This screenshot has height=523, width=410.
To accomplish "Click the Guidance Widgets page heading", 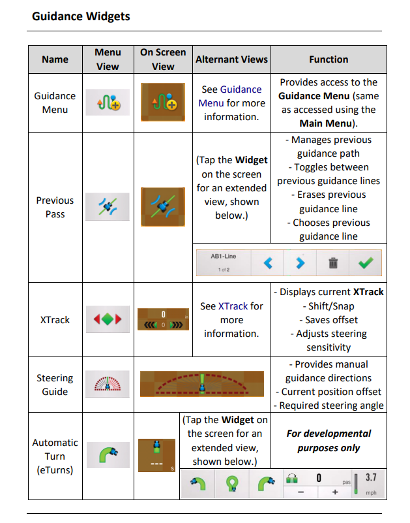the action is click(81, 16).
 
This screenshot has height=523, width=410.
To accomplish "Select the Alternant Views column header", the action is click(231, 59).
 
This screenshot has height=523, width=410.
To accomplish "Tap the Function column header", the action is click(329, 59).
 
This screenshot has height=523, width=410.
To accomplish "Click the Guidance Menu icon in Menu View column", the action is click(108, 102).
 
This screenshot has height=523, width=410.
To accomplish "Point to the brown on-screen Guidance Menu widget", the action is click(163, 102).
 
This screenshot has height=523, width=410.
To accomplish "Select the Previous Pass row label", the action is click(55, 207).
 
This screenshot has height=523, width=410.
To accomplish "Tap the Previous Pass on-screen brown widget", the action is click(163, 207).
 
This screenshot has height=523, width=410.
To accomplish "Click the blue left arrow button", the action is click(268, 263).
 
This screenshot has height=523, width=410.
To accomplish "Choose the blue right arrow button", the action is click(300, 263).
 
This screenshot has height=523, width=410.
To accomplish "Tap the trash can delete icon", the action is click(333, 263).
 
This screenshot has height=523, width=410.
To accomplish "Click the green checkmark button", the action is click(366, 263).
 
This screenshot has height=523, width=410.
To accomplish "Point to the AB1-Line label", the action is click(223, 256).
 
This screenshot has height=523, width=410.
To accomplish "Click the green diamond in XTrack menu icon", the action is click(108, 319).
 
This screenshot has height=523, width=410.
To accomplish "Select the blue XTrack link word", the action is click(233, 306).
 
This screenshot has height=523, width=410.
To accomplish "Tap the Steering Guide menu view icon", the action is click(108, 383).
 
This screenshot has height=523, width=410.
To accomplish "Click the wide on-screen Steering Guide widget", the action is click(202, 384).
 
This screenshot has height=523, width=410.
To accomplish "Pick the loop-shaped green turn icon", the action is click(232, 484).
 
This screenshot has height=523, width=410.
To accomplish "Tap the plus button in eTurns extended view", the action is click(335, 492).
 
